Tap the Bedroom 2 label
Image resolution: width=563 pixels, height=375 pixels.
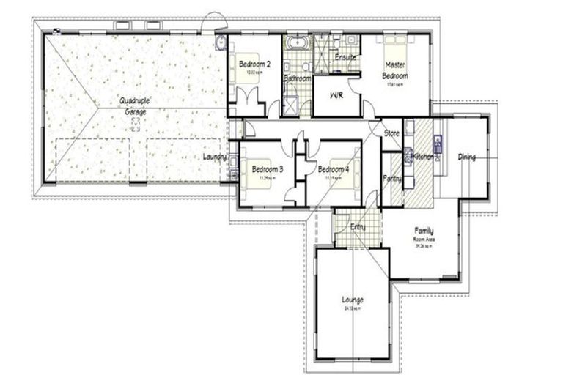click(x=255, y=64)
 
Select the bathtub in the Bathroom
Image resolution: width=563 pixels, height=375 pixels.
click(x=298, y=42)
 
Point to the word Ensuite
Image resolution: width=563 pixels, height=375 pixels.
click(x=345, y=57)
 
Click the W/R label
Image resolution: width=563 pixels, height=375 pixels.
click(x=337, y=96)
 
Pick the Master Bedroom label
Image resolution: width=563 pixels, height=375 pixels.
click(x=396, y=70)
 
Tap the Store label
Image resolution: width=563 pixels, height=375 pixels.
click(x=392, y=133)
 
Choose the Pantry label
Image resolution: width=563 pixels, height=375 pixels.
click(x=391, y=179)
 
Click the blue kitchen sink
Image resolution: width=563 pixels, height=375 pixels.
click(x=438, y=144)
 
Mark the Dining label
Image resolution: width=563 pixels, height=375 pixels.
click(x=467, y=157)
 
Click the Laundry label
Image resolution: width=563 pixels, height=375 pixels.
click(x=215, y=157)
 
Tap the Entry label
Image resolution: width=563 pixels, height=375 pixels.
click(x=358, y=227)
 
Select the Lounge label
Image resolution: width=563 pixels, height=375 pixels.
click(x=353, y=300)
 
